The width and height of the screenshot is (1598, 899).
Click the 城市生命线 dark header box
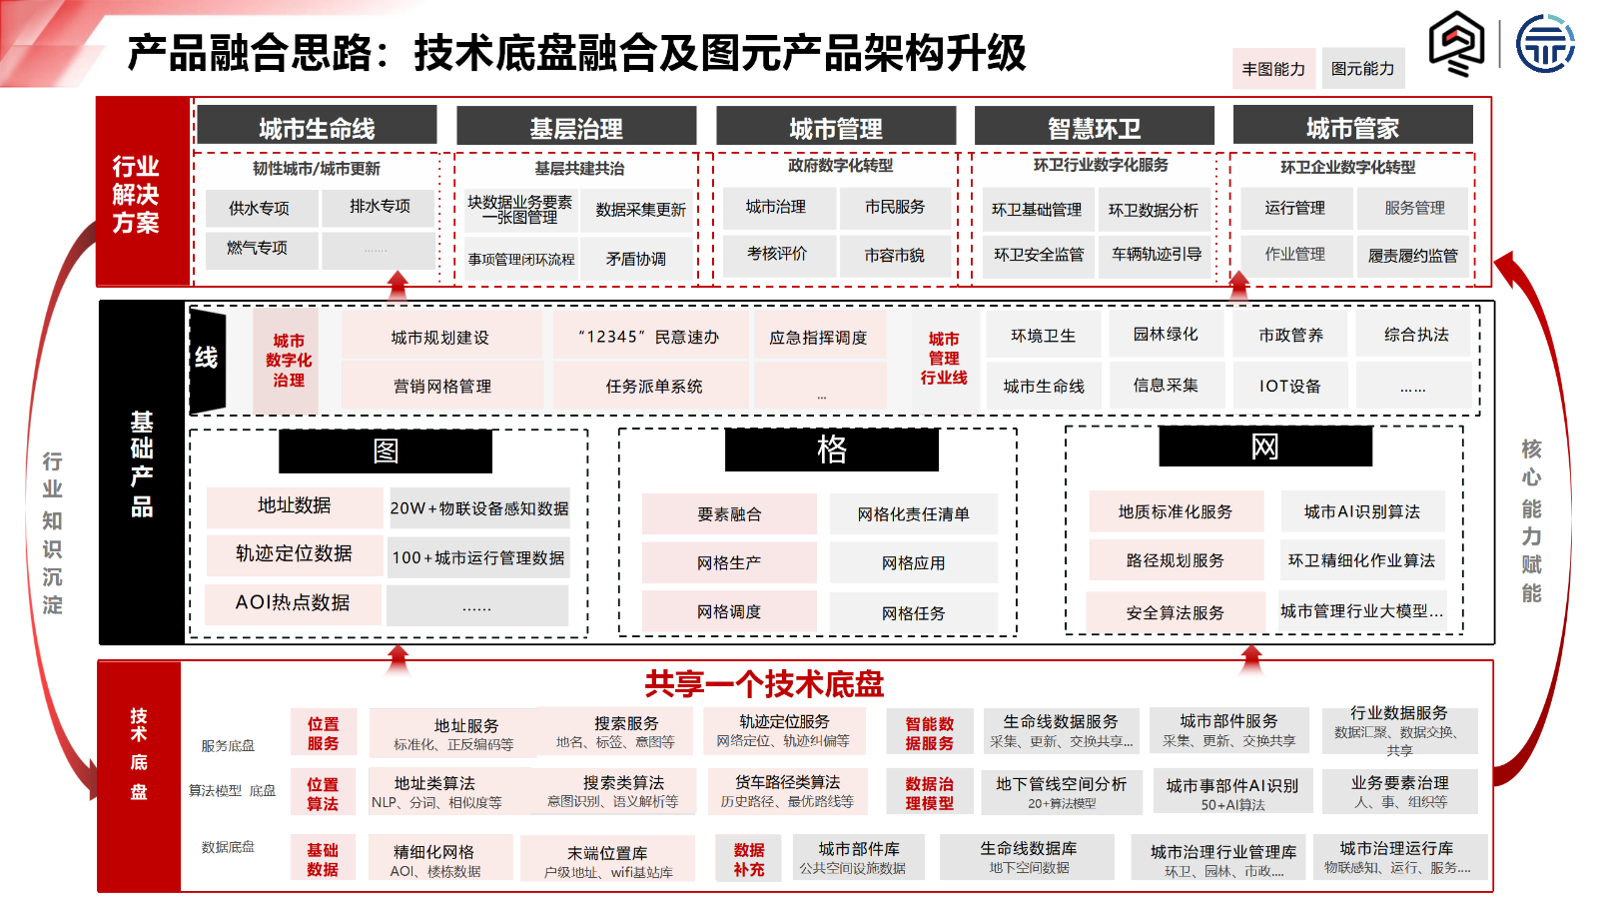point(317,128)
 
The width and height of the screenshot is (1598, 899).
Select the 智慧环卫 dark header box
point(1094,128)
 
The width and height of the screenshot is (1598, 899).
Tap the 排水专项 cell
point(380,207)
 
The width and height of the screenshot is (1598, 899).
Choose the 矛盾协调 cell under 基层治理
point(636,259)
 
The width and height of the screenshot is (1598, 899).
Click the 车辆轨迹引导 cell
point(1157,255)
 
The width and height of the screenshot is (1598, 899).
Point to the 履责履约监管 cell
point(1412,256)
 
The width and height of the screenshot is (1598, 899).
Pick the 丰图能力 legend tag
point(1273,69)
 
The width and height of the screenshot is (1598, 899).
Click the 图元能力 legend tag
point(1362,69)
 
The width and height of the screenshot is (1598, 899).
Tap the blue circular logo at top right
point(1545,44)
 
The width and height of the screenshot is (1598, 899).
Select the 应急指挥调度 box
point(818,338)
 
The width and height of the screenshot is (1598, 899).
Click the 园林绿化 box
point(1166,335)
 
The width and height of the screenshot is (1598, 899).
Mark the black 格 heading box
point(831,449)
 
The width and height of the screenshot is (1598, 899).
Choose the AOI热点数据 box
point(293,602)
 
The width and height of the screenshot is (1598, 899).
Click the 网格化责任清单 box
point(913,514)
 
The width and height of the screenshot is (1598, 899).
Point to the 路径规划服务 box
point(1175,561)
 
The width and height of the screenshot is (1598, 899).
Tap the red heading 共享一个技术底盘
point(764,684)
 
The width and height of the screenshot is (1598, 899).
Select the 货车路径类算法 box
point(787,790)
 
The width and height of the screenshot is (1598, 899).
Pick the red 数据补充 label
point(749,859)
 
